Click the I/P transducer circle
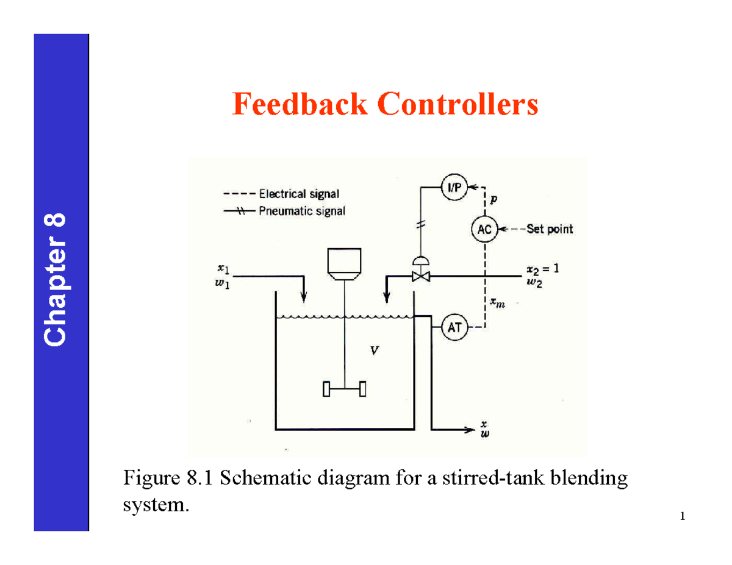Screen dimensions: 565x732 [453, 188]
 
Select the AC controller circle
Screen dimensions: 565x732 [484, 230]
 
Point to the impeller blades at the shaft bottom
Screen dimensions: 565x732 [345, 388]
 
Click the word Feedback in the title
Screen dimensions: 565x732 [300, 104]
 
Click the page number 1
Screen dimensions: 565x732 [682, 517]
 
